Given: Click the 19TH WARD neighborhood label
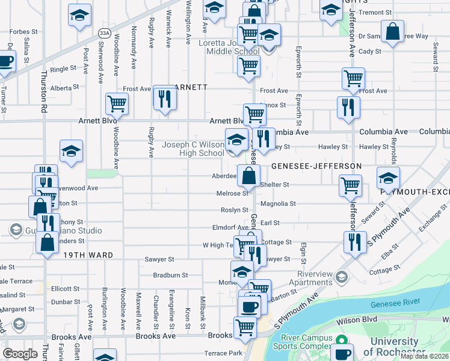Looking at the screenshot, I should pyautogui.click(x=88, y=255).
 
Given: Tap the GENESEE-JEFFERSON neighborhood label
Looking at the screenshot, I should pyautogui.click(x=316, y=165).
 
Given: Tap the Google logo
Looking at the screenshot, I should pyautogui.click(x=20, y=354).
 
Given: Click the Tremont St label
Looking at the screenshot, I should pyautogui.click(x=375, y=12).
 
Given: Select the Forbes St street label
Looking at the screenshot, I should pyautogui.click(x=24, y=32).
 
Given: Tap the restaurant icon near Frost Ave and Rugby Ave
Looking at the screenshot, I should pyautogui.click(x=164, y=98).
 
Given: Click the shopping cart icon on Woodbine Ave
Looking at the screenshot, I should pyautogui.click(x=117, y=103).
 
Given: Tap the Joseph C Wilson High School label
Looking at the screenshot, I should pyautogui.click(x=193, y=149).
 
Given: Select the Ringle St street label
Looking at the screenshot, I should pyautogui.click(x=63, y=69).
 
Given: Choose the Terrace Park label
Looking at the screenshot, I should pyautogui.click(x=223, y=353).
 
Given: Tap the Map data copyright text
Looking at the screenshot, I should pyautogui.click(x=424, y=356).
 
